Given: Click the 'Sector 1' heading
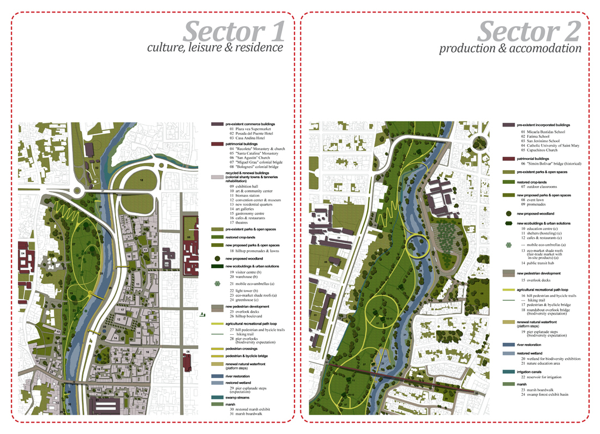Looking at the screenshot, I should point(234,31).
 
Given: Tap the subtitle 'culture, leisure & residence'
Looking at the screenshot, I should point(215,48).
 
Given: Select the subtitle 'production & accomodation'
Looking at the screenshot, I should point(510,49).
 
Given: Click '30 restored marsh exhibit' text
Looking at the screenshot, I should point(254,409).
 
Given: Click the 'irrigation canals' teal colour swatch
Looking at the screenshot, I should point(509,372).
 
